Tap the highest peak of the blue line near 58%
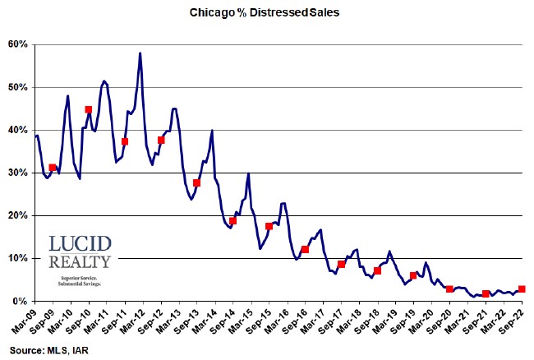click(140, 53)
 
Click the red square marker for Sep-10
click(89, 109)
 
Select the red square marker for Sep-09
click(53, 168)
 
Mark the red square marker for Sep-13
click(196, 182)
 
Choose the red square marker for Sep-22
click(522, 289)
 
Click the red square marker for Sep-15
click(269, 226)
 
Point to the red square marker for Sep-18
click(377, 270)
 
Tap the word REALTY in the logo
click(81, 263)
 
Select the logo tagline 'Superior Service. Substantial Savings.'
click(81, 283)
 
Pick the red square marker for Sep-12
click(161, 140)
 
